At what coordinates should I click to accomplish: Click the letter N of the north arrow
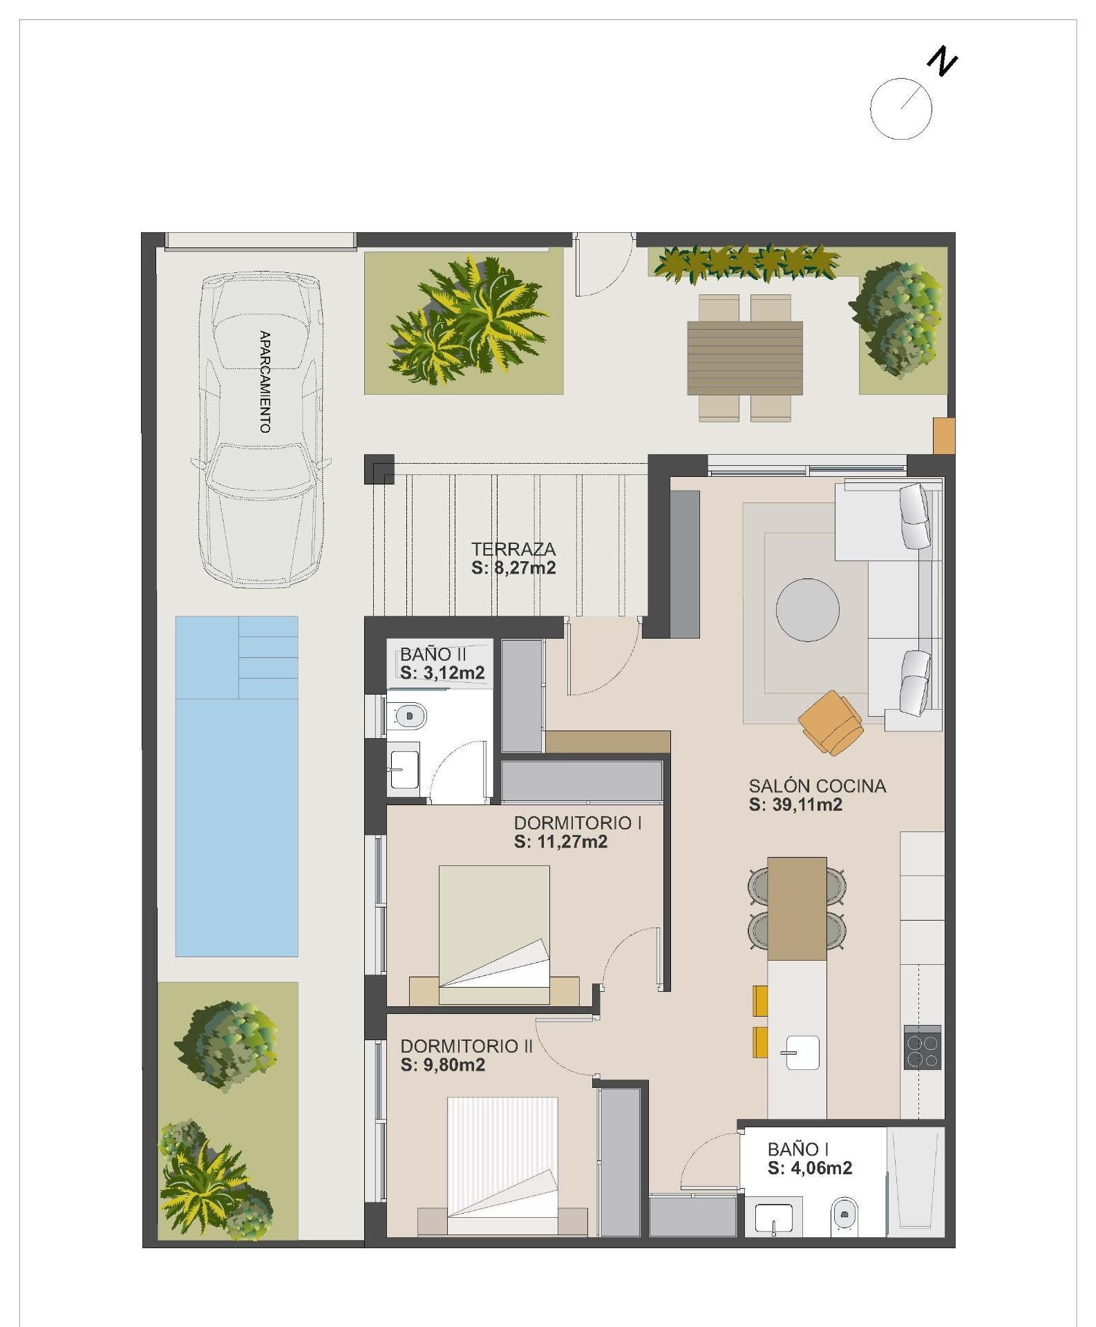pos(943,61)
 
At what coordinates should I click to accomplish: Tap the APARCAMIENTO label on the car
pos(264,382)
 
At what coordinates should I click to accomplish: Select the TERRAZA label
pos(513,549)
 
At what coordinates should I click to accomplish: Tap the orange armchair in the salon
pos(831,722)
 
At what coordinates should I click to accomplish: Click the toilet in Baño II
pos(408,715)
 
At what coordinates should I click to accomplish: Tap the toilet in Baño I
pos(844,1214)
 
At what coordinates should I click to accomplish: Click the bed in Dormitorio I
pos(494,926)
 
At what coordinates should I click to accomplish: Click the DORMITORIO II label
pos(466,1046)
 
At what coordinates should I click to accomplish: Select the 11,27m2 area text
pos(560,842)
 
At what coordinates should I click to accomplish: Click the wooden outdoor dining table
pos(745,357)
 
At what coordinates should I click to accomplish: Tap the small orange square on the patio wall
pos(943,435)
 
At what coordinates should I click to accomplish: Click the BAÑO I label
pos(798,1149)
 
